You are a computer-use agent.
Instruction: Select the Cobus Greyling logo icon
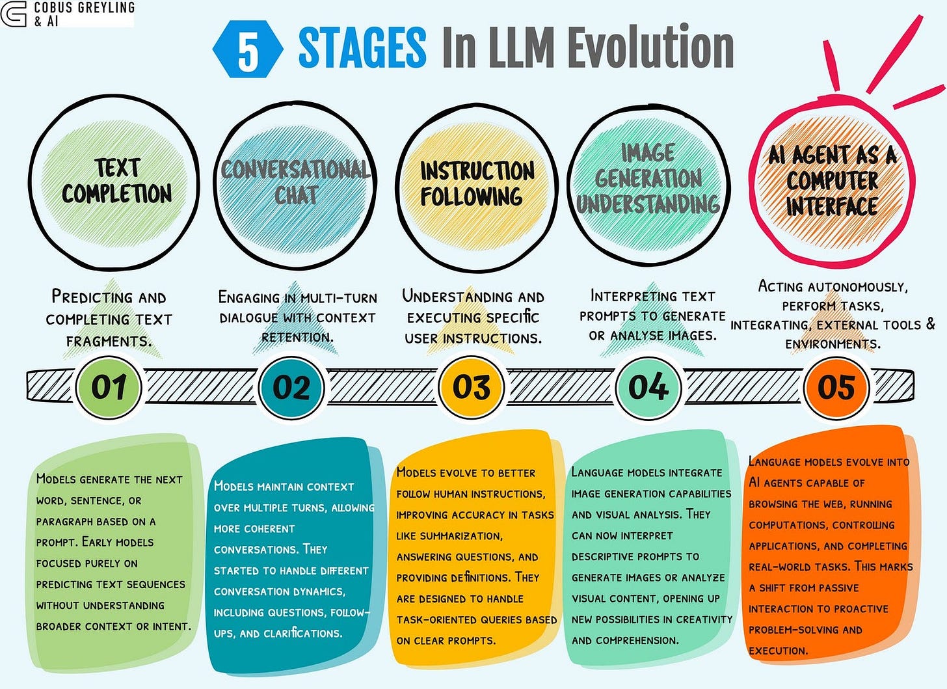pos(14,13)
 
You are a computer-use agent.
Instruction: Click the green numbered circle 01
pos(109,387)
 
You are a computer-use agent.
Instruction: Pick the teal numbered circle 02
pos(291,387)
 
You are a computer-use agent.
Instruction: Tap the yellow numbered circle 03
pos(472,387)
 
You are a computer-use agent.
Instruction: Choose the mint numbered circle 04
pos(648,387)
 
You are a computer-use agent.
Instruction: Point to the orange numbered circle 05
pos(836,387)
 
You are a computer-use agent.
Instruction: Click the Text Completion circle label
pos(117,181)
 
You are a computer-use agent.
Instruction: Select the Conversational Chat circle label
pos(296,182)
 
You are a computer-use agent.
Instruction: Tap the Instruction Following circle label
pos(476,183)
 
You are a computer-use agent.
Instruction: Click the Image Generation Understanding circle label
pos(648,179)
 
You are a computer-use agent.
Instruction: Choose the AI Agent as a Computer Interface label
pos(832,181)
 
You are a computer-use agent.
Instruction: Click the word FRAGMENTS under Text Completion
pos(108,341)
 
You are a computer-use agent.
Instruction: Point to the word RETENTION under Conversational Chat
pos(297,337)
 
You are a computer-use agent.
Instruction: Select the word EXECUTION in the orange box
pos(778,651)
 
